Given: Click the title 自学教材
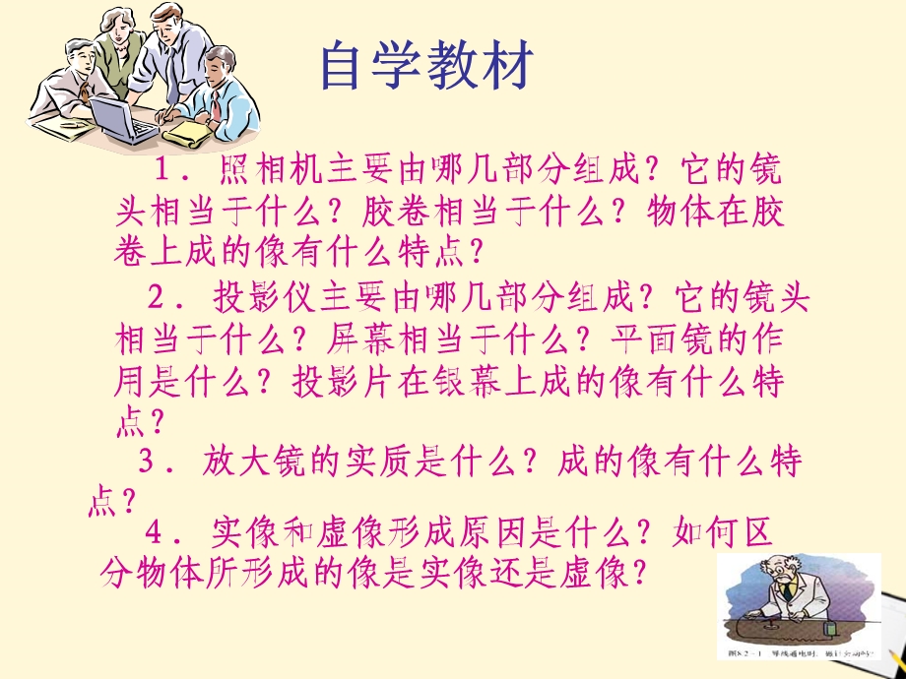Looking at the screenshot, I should click(x=427, y=67).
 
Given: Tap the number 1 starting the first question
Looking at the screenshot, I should click(x=163, y=171).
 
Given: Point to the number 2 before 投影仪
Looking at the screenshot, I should click(x=156, y=296).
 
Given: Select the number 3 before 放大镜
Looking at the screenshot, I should click(x=148, y=461).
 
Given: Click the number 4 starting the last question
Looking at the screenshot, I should click(x=153, y=531).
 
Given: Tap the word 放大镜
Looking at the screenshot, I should click(x=252, y=461).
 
